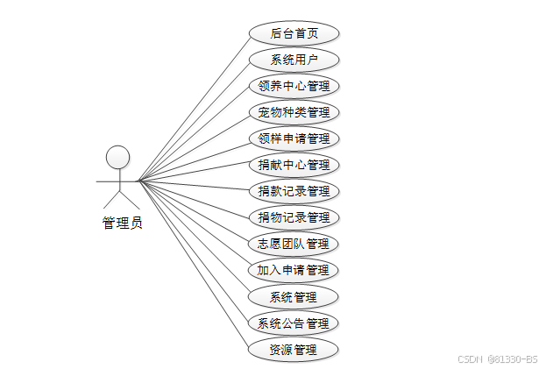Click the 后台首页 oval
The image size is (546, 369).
pos(293,34)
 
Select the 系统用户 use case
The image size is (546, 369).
pos(293,60)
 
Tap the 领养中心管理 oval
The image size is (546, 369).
pos(293,87)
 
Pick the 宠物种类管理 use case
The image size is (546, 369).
pos(293,112)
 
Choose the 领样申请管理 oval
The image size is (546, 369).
pos(293,138)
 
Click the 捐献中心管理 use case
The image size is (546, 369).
pos(293,165)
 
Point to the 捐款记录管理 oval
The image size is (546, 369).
pos(293,191)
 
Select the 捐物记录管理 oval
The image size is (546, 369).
pos(293,217)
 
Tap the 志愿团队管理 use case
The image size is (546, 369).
pos(293,244)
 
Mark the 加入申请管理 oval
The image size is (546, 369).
pos(293,270)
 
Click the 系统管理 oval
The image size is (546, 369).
pos(293,296)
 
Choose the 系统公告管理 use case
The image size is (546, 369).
pos(293,323)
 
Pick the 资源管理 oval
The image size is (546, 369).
pos(293,351)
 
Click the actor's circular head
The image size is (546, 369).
pos(117,157)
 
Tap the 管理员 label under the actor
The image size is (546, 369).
pos(122,224)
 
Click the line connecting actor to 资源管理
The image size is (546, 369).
pos(193,265)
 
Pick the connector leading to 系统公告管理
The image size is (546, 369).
pos(193,252)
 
